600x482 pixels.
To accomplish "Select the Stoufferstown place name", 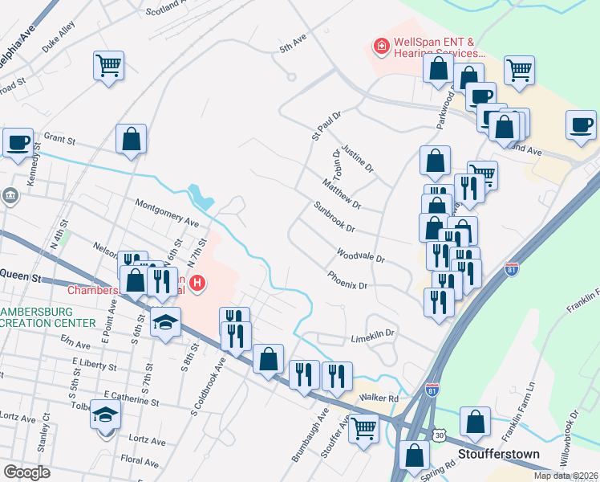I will (497, 454).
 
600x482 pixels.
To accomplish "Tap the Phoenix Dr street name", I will (347, 280).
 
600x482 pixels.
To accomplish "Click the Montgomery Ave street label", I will (167, 213).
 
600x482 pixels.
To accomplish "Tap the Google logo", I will (26, 472).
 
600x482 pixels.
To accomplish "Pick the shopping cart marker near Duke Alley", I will (108, 64).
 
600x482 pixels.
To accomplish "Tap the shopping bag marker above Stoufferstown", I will (476, 421).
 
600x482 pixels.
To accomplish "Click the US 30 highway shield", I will (440, 435).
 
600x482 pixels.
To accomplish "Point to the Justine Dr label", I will (358, 158).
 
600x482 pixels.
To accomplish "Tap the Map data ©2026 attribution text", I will (565, 476).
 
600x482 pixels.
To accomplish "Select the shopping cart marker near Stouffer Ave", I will (365, 428).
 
